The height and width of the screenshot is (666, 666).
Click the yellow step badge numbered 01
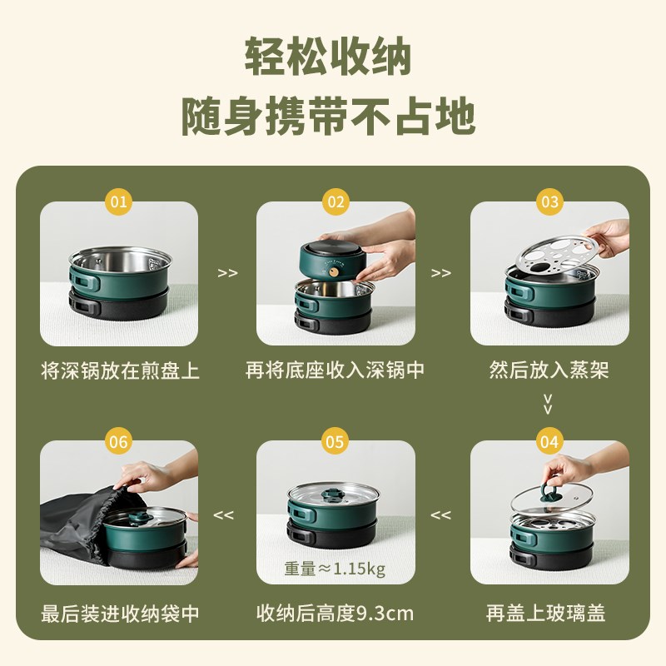pos(119,201)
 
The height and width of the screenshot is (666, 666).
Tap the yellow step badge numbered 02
pos(335,201)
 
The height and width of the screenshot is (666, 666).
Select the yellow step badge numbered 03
pos(549,201)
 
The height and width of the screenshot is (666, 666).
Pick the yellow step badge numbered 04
pos(549,442)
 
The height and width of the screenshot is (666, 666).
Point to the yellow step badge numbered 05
pos(335,442)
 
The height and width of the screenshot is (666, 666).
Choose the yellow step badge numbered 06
pos(119,442)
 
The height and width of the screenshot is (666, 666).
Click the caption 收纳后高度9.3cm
pos(335,614)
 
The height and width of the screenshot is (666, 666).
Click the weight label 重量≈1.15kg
pos(335,569)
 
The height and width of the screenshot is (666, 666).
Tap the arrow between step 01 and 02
pos(227,273)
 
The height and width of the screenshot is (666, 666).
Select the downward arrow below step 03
pos(548,405)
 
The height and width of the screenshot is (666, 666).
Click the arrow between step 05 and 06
pos(224,515)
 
